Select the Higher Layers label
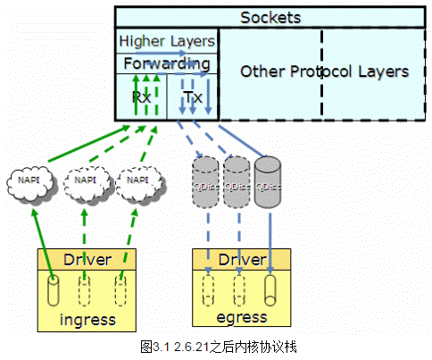167,41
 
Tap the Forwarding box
167,64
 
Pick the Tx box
193,96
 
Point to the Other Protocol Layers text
324,71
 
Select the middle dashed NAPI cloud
87,180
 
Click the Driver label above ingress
87,259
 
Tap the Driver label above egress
241,259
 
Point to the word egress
241,317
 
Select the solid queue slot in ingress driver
54,290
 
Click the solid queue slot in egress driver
269,290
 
